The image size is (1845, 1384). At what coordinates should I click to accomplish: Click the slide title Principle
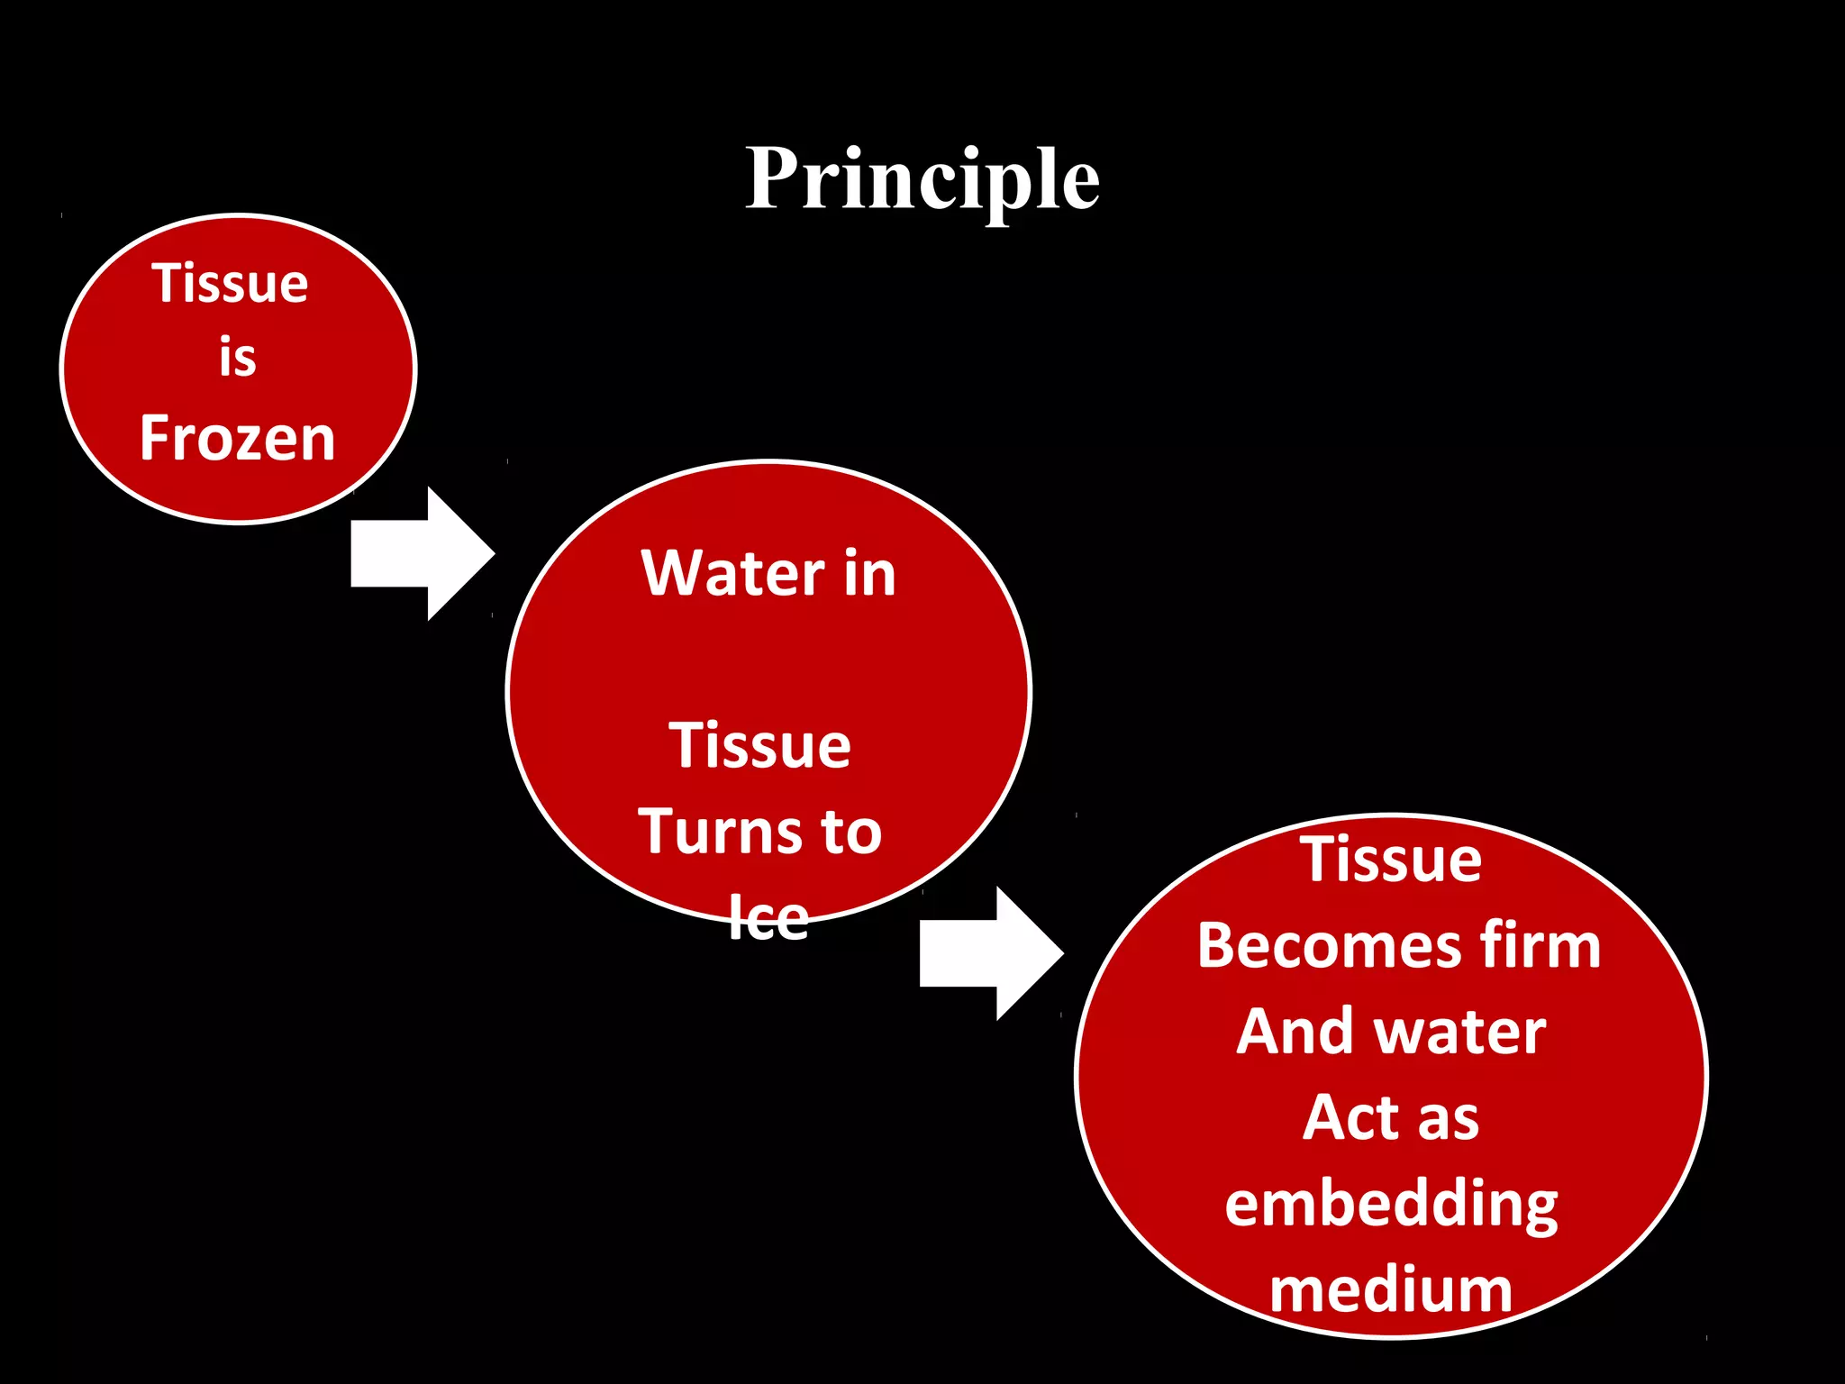[922, 179]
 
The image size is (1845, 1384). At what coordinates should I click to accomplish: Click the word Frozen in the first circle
[238, 439]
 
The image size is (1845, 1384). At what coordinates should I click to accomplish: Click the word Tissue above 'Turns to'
[759, 746]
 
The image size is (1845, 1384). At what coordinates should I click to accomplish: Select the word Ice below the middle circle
[768, 918]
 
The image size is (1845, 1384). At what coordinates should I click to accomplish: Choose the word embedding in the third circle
[1391, 1205]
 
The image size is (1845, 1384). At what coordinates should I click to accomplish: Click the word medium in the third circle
[1391, 1289]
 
